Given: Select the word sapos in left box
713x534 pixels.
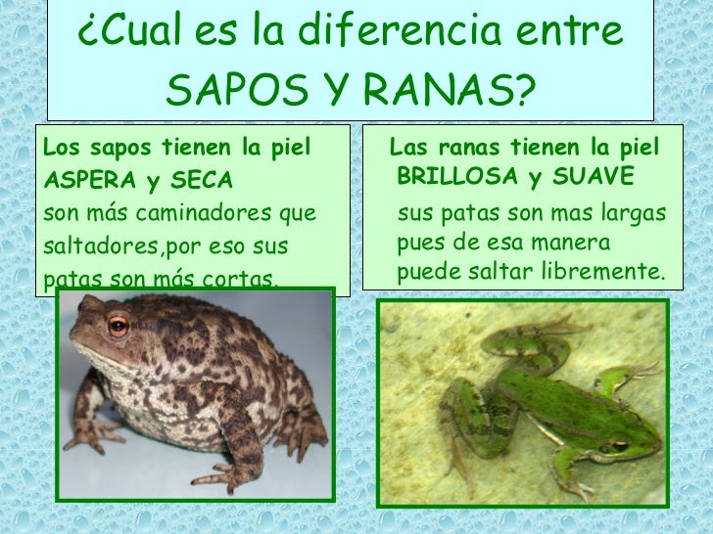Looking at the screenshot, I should [x=116, y=149].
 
